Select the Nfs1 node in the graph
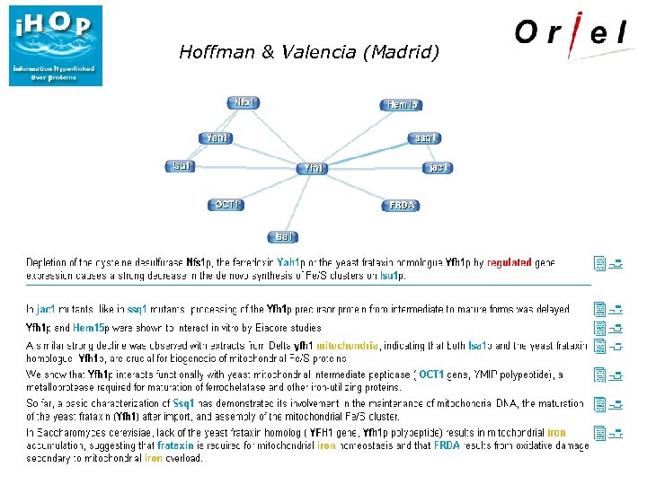(x=244, y=102)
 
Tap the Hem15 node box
(x=403, y=105)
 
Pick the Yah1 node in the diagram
(x=217, y=137)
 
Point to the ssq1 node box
(x=425, y=137)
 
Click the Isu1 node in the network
(x=181, y=166)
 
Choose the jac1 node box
(x=438, y=167)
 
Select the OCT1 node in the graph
(x=227, y=205)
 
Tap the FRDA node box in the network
(x=402, y=205)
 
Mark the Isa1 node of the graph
(x=283, y=236)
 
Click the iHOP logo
(x=56, y=46)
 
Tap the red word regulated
(x=509, y=263)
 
